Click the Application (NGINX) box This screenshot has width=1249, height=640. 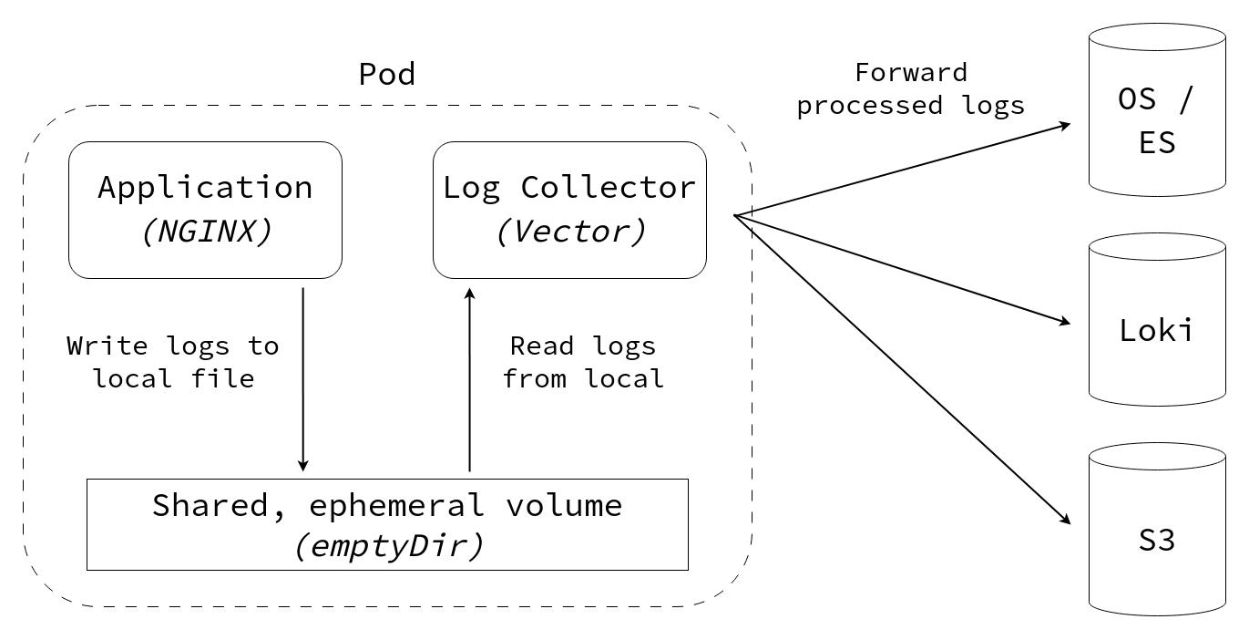coord(205,210)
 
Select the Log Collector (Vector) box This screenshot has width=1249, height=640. coord(569,210)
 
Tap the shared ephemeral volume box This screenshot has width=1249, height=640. coord(387,524)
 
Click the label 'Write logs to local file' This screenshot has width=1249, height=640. coord(173,362)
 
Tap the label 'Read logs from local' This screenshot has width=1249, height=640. coord(583,362)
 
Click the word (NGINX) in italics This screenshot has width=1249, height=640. coord(206,232)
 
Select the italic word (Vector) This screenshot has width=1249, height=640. coord(570,232)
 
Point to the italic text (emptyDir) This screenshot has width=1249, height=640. coord(387,545)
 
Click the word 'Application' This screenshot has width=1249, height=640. coord(205,188)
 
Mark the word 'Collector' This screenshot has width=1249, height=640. coord(608,188)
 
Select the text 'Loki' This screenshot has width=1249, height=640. coord(1156,329)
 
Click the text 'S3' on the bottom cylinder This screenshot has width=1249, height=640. coord(1157,541)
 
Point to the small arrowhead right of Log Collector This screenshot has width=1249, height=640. coord(743,219)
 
